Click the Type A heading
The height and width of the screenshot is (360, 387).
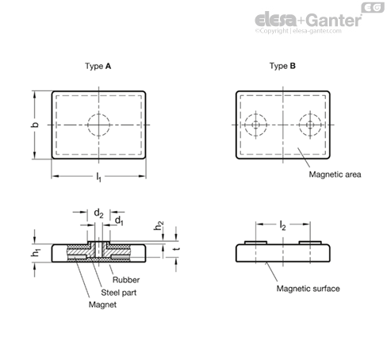(x=98, y=66)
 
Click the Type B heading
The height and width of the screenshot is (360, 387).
(x=282, y=66)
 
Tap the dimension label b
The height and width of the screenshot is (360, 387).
(x=35, y=124)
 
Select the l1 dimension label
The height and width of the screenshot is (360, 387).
(x=98, y=177)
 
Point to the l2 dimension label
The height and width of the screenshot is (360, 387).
(x=282, y=225)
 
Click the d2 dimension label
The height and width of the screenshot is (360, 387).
(x=98, y=213)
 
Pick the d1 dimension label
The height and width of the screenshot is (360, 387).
(x=119, y=220)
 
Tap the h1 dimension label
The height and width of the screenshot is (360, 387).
(x=36, y=253)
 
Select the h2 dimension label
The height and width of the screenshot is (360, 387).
(x=159, y=226)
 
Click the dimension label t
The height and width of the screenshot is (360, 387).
(x=177, y=249)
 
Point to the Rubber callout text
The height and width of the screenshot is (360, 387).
(x=126, y=280)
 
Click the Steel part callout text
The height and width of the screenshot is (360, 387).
(x=119, y=293)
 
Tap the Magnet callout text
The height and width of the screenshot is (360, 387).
(x=102, y=304)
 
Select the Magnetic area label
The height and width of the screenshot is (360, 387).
(x=335, y=174)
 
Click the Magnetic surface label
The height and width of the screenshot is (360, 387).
(x=308, y=289)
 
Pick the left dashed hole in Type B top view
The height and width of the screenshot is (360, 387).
(x=255, y=114)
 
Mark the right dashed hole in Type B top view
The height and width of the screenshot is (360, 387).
(x=310, y=114)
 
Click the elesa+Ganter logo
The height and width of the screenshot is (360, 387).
(x=308, y=20)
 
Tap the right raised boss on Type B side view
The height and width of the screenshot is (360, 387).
(x=310, y=243)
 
